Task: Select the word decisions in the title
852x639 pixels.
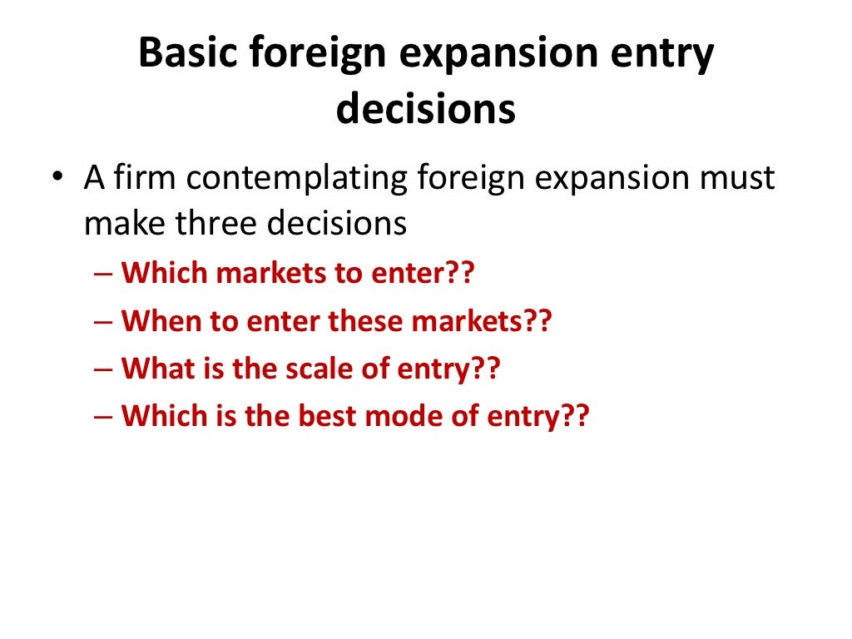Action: point(425,109)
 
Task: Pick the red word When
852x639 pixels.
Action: point(156,320)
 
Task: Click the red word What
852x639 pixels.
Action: point(155,368)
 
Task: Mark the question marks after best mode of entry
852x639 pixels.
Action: point(573,415)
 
